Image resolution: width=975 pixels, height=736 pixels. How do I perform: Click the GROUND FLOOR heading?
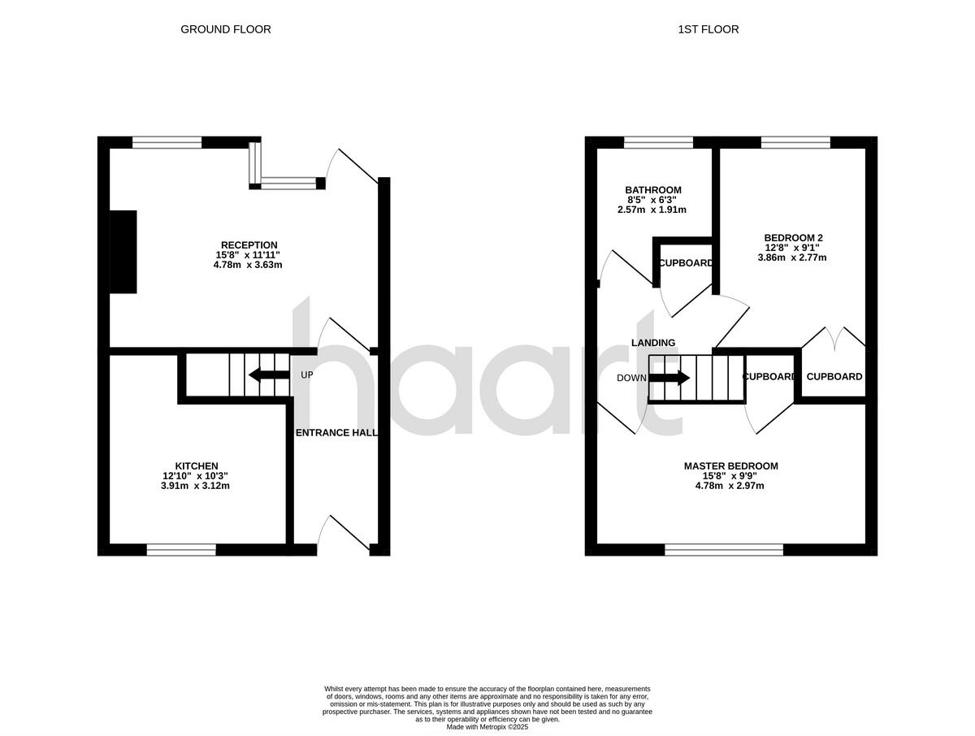point(225,29)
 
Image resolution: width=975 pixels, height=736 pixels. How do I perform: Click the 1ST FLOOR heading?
point(708,29)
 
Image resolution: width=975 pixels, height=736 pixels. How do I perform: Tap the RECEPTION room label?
point(249,245)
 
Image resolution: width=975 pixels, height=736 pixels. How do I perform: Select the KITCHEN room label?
point(196,465)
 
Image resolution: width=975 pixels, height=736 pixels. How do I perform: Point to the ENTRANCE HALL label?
point(336,433)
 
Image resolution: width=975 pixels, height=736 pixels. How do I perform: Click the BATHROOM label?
point(653,190)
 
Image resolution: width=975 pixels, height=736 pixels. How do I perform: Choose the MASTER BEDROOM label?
point(730,466)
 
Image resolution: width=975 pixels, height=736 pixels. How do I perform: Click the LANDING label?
point(653,343)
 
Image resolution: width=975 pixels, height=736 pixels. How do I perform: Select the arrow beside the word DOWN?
point(670,378)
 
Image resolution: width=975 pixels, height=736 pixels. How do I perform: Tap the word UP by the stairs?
point(306,375)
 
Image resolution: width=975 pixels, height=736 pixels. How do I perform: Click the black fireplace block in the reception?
point(123,252)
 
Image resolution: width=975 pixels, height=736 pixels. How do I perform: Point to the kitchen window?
point(181,550)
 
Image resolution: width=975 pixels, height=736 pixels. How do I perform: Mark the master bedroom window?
point(724,550)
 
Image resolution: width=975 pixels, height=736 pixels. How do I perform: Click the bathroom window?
point(658,142)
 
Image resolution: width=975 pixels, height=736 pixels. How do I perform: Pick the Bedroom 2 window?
point(795,142)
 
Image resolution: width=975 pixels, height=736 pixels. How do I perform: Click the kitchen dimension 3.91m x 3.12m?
point(196,487)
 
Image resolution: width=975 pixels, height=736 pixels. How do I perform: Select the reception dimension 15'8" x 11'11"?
point(249,255)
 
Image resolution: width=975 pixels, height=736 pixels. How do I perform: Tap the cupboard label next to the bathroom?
point(686,263)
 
